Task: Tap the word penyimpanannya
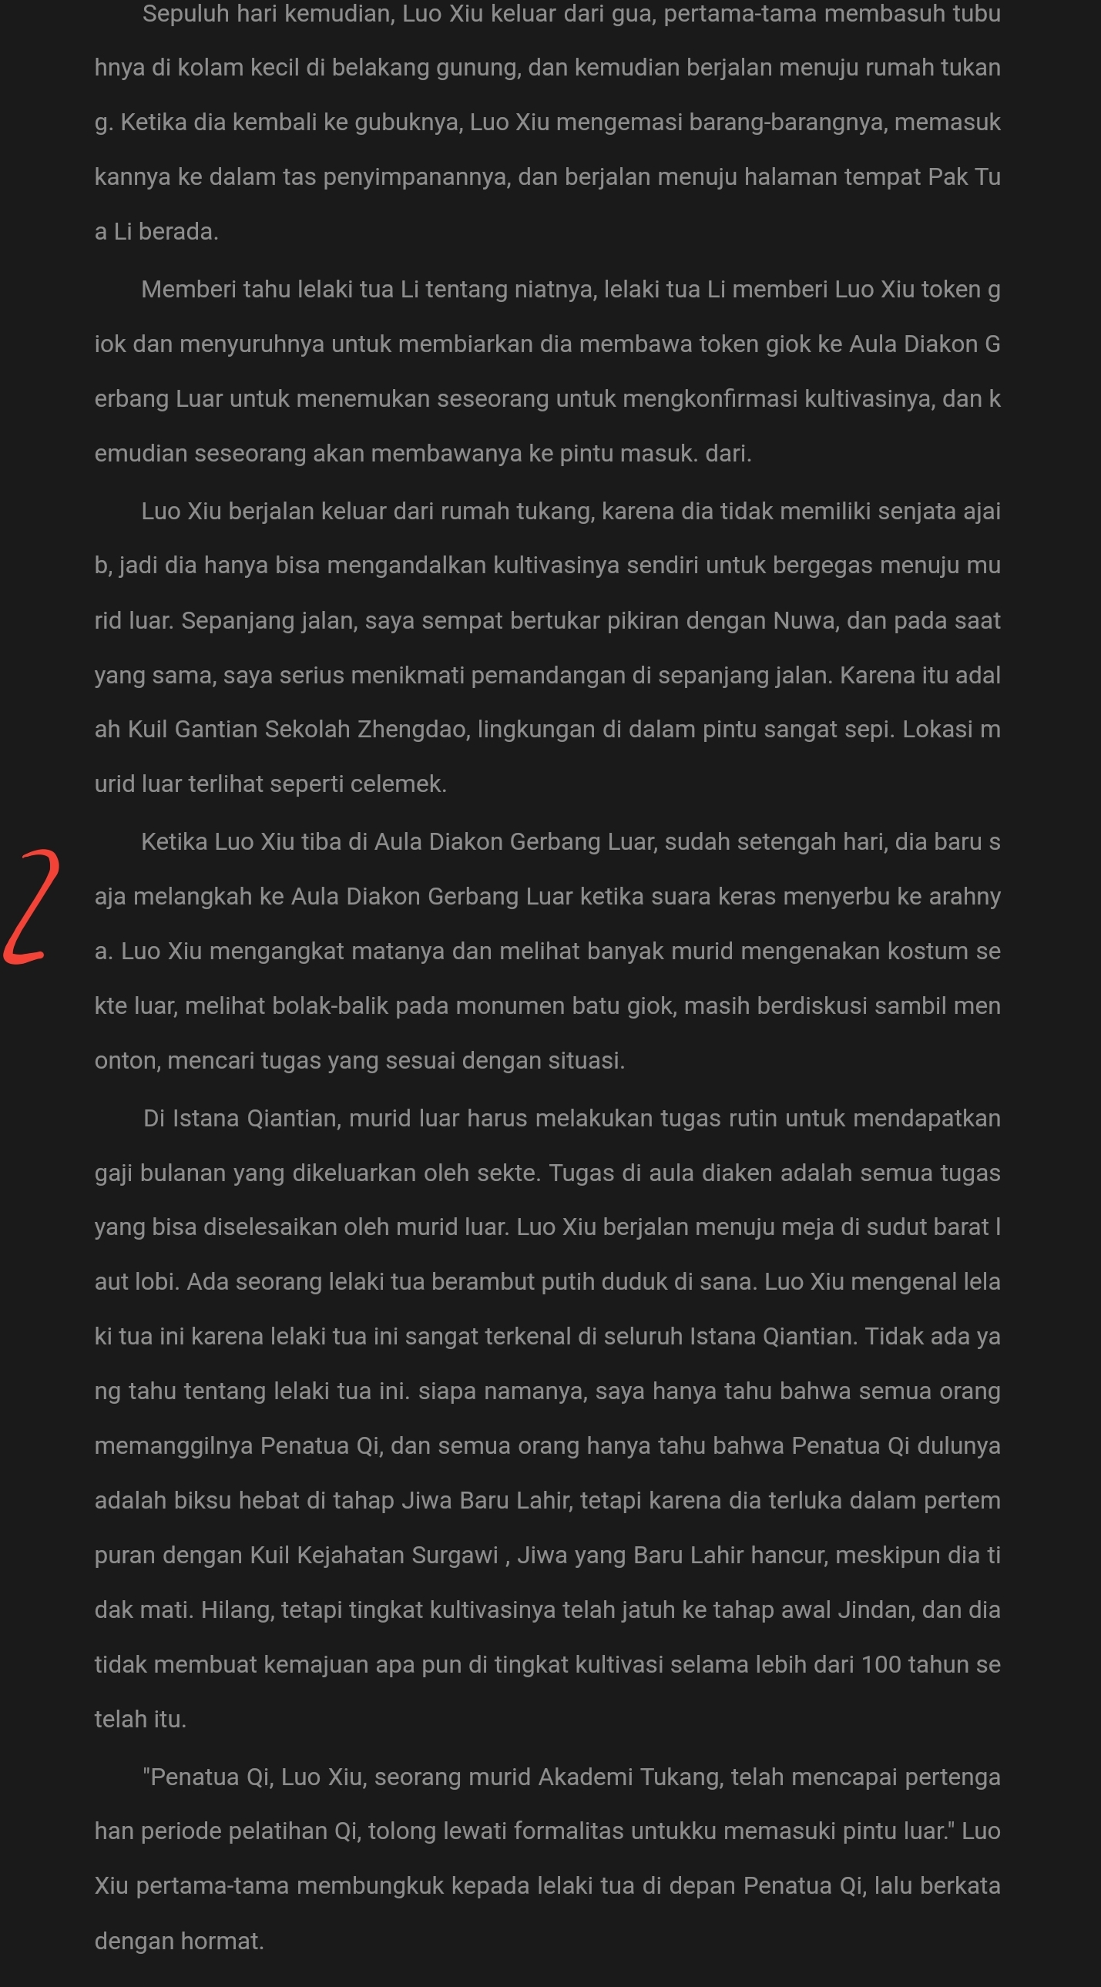point(416,177)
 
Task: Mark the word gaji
point(113,1173)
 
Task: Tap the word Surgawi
point(455,1555)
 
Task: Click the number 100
point(881,1665)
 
